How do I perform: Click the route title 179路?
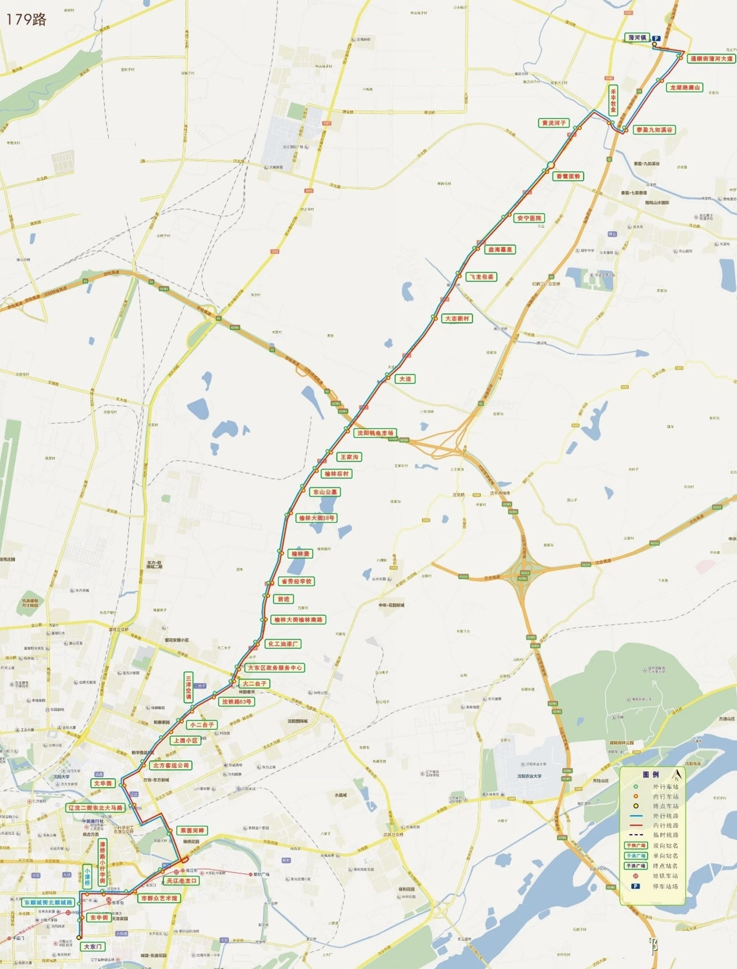26,19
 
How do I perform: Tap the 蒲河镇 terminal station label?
637,38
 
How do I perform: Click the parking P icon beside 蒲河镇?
656,39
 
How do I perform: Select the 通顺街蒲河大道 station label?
711,59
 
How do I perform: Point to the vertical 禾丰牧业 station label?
613,99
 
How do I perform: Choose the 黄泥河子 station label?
553,123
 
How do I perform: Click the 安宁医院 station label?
529,218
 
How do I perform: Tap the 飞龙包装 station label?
481,276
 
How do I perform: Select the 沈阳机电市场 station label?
375,433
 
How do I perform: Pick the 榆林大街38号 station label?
317,518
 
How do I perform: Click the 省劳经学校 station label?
296,581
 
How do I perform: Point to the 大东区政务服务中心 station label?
275,668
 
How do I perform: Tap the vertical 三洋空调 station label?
188,688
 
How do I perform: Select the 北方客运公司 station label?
171,765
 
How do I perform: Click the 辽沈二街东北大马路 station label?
96,808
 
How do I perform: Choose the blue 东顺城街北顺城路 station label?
48,902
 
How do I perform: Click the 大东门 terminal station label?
93,946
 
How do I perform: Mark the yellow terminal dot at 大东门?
79,937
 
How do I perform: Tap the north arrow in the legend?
676,775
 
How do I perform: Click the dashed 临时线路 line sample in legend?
635,835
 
